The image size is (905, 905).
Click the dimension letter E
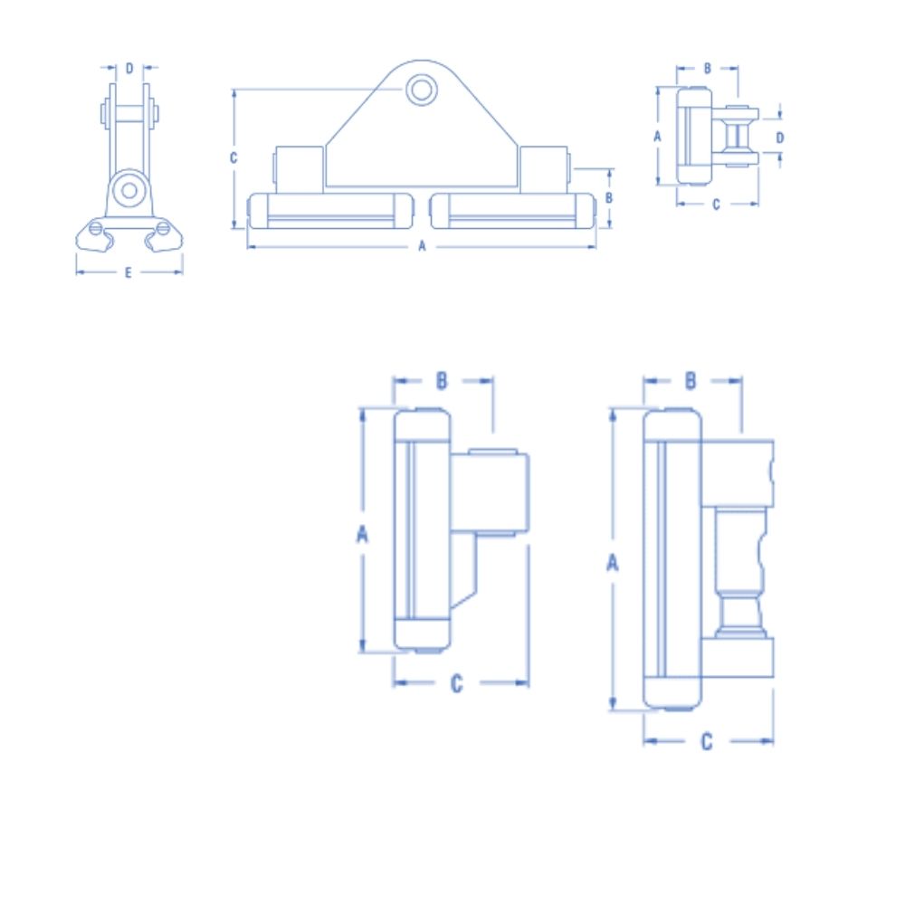click(x=128, y=272)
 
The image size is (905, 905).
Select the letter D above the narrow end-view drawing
click(x=129, y=68)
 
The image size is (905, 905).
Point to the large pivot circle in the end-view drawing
click(x=129, y=190)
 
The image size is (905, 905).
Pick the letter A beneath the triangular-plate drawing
click(x=421, y=246)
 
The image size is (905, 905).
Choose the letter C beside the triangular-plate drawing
click(x=233, y=157)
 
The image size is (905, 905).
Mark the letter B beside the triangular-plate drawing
click(x=609, y=196)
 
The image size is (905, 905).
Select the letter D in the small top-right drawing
click(x=780, y=137)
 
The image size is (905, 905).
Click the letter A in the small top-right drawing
click(x=658, y=136)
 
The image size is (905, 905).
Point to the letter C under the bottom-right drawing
click(x=707, y=741)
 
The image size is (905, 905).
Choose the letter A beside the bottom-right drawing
click(x=613, y=562)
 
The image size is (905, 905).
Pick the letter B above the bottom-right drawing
click(x=691, y=380)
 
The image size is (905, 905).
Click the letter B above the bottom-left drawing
click(x=442, y=380)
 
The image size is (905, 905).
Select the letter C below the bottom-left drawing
click(x=457, y=683)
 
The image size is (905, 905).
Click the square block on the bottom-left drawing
click(x=490, y=493)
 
